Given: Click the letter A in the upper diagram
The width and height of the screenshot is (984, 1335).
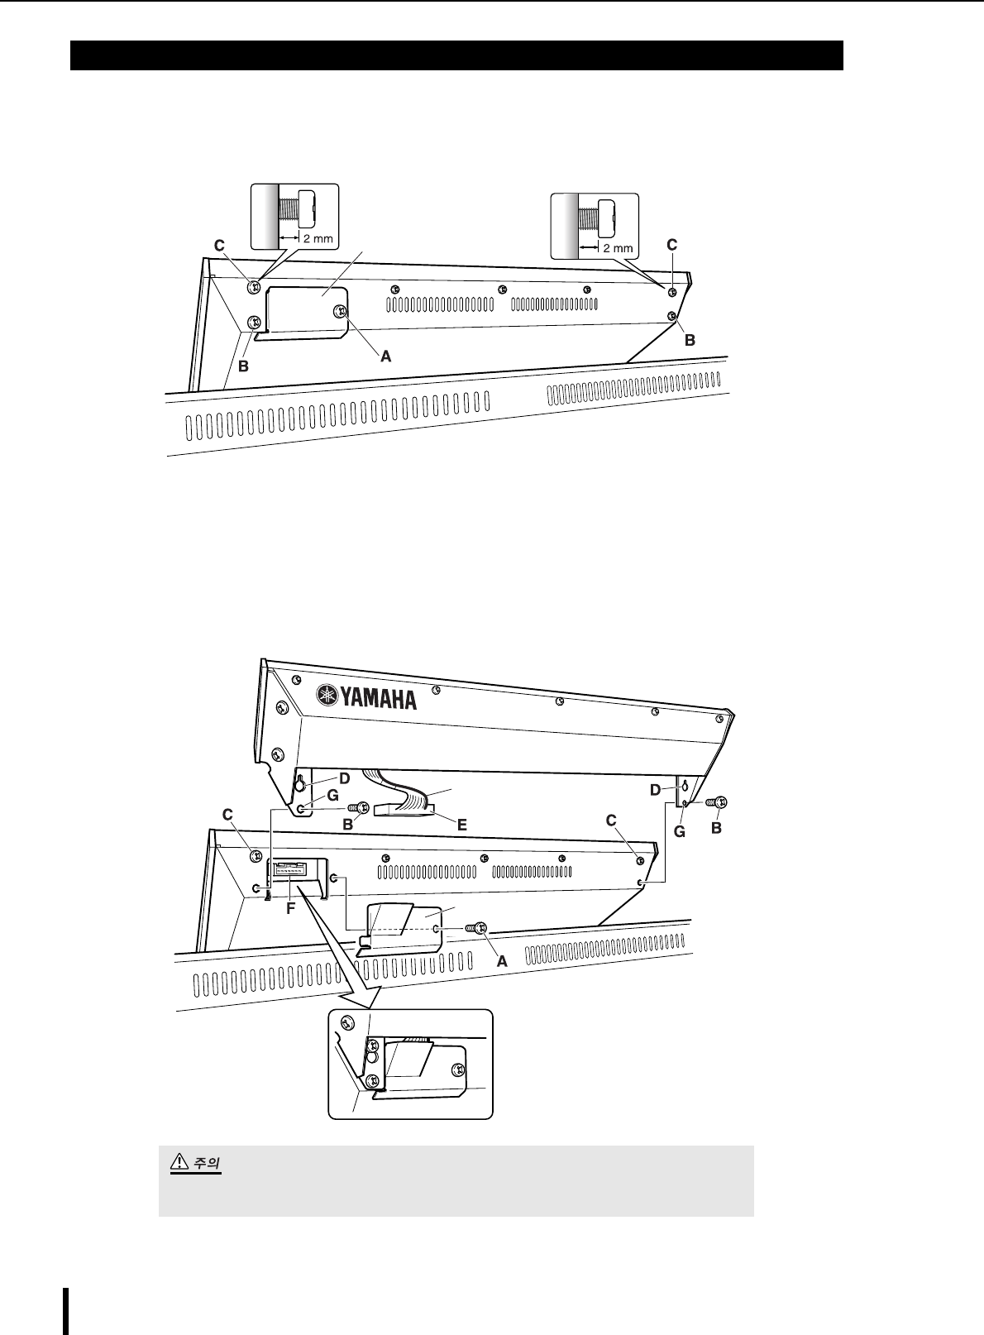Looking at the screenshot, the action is [385, 357].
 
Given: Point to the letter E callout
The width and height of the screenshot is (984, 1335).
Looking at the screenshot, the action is [462, 825].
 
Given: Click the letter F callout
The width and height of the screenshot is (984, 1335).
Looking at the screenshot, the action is [289, 907].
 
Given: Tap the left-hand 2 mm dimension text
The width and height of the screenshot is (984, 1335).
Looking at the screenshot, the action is [317, 239].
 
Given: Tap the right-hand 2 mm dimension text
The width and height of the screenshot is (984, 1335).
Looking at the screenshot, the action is [617, 248].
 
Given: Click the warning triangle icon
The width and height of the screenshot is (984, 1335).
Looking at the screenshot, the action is [177, 1162].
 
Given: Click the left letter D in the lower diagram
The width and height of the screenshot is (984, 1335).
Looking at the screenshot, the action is [344, 778].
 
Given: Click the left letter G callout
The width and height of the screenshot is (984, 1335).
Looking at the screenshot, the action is [332, 795].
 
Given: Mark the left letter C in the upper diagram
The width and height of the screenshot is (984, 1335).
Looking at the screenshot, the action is [219, 246].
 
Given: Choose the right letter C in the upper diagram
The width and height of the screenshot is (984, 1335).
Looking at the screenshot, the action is [671, 245].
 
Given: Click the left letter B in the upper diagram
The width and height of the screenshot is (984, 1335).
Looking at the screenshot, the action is [243, 366].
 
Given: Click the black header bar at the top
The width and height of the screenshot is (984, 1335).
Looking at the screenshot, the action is [456, 55].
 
